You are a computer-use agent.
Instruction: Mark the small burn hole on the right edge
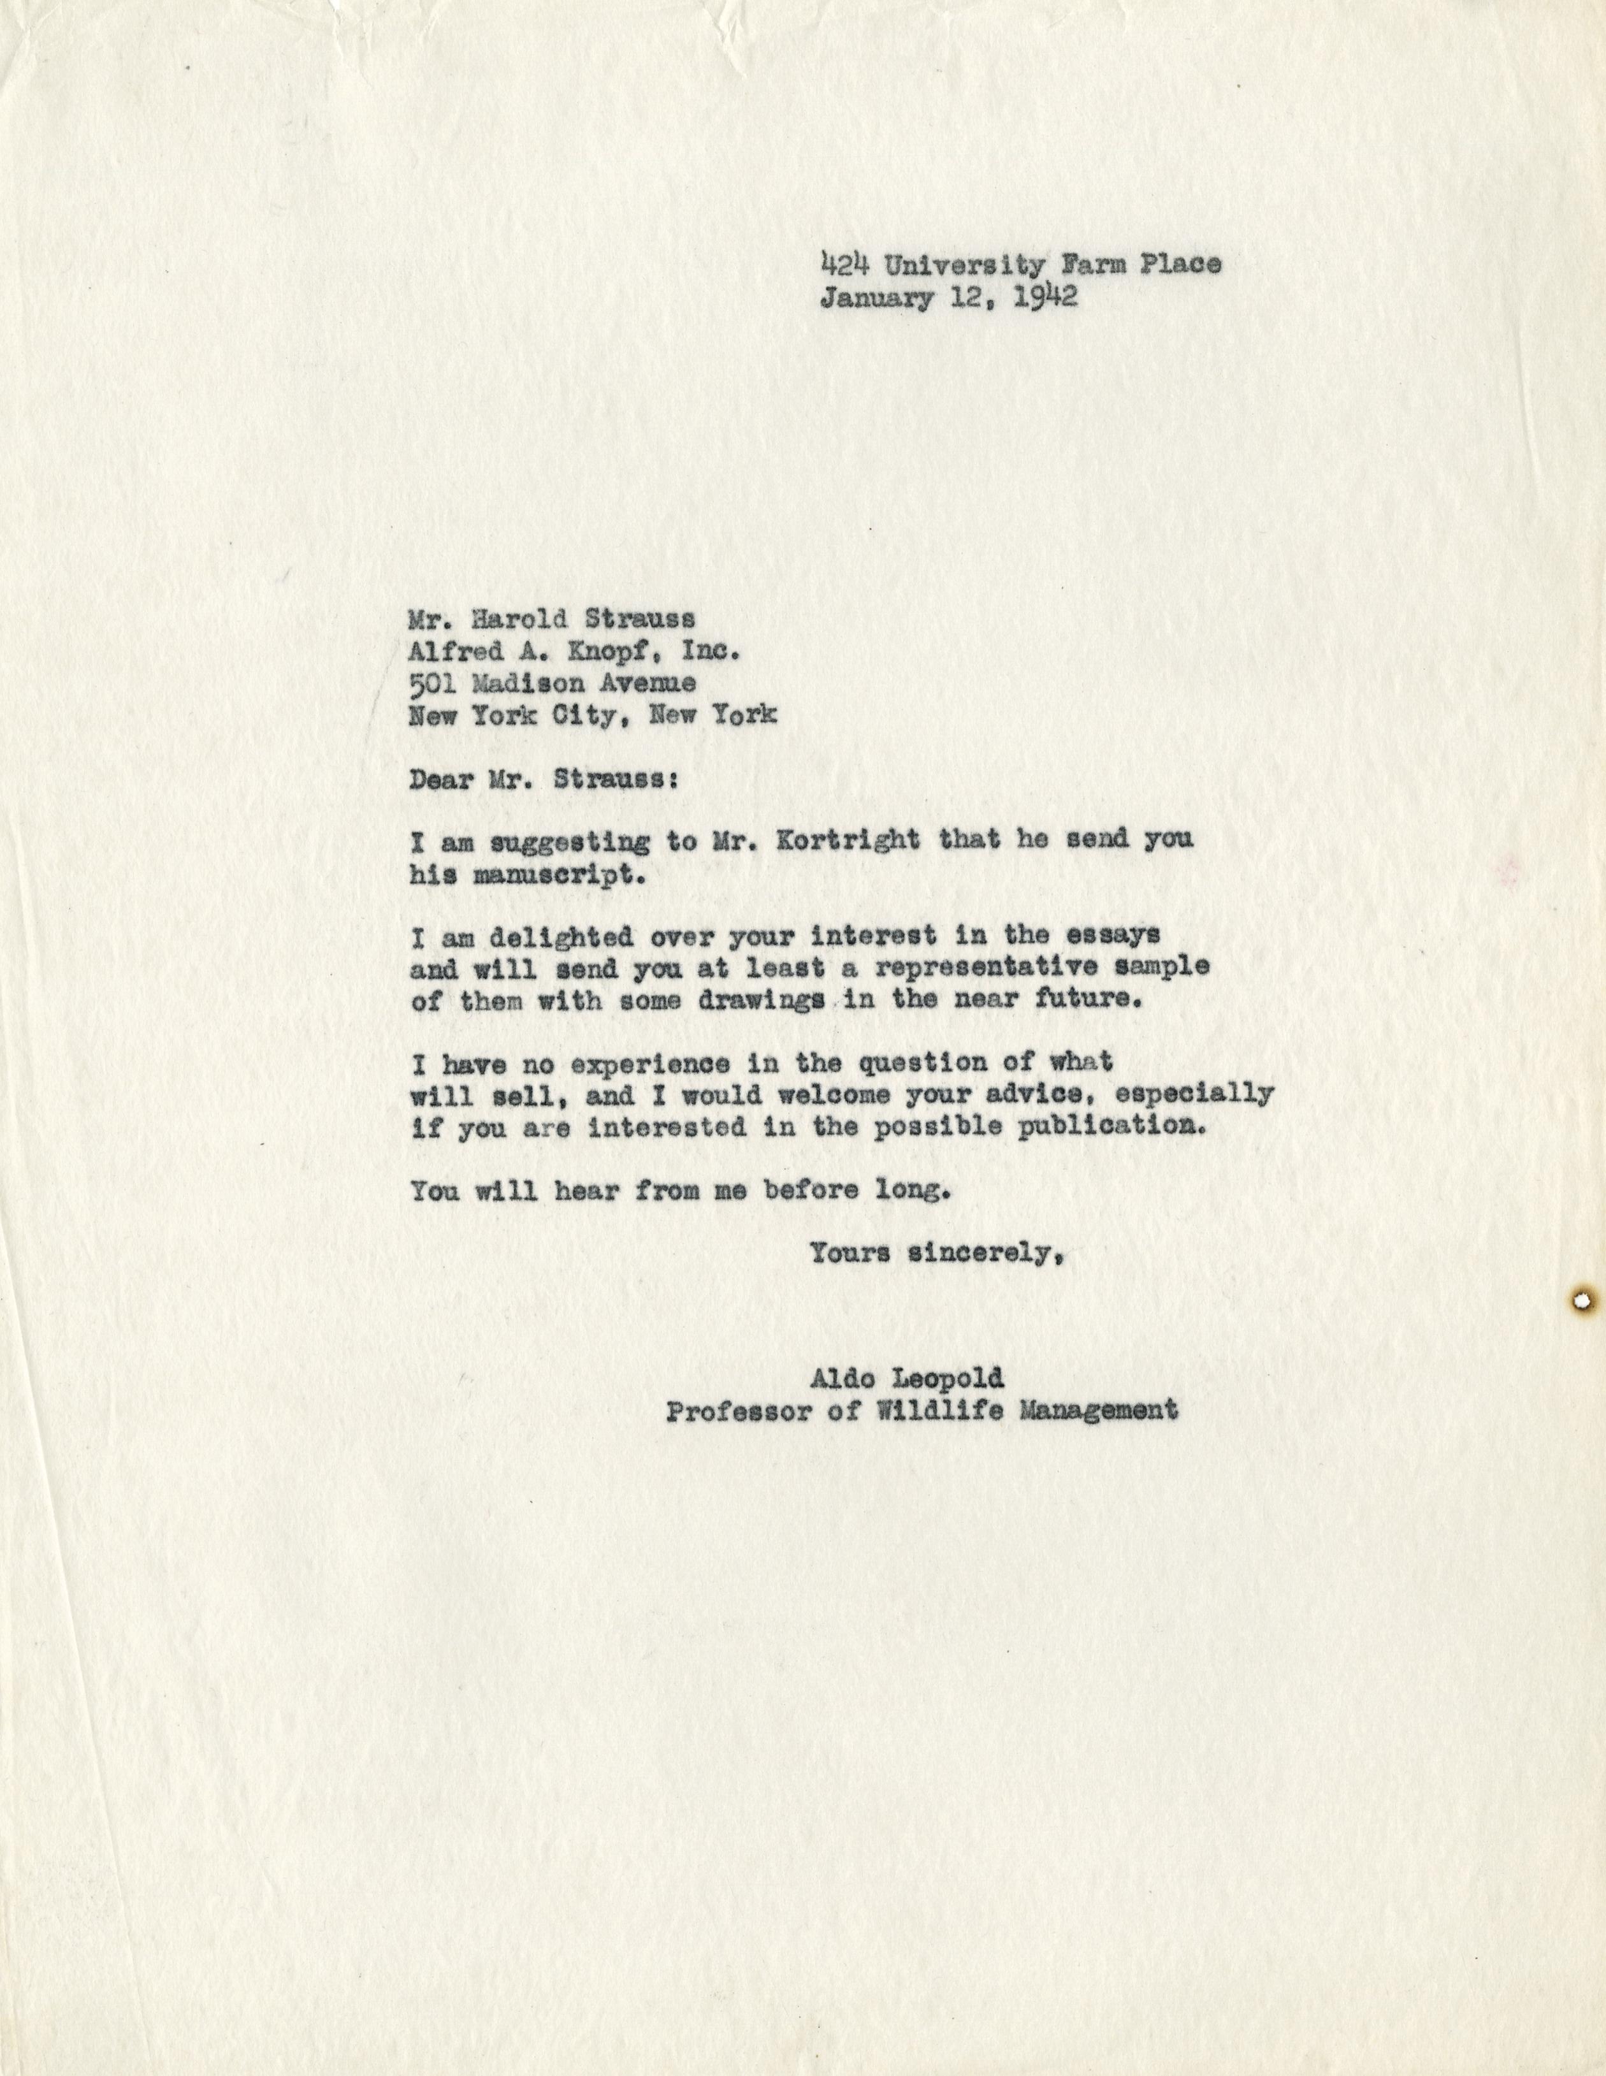click(1583, 1300)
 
